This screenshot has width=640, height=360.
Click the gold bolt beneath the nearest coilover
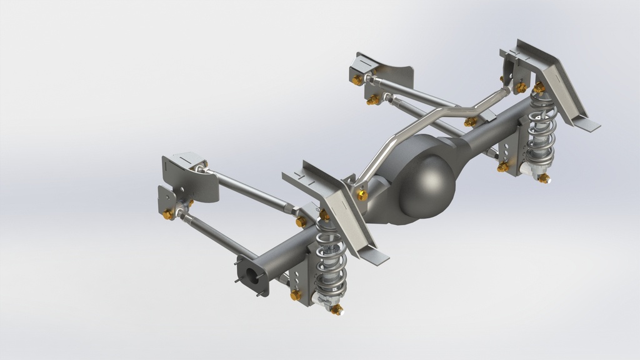(336, 309)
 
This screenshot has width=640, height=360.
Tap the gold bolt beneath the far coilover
(544, 179)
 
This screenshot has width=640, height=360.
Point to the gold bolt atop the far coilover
(538, 88)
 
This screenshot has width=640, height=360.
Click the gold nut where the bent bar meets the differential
(362, 195)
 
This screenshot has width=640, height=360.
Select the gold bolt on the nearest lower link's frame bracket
(167, 215)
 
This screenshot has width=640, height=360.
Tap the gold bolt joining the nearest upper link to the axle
(301, 221)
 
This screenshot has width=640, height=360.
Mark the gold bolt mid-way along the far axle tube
(469, 122)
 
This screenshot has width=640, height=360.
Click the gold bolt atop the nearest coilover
(324, 216)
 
